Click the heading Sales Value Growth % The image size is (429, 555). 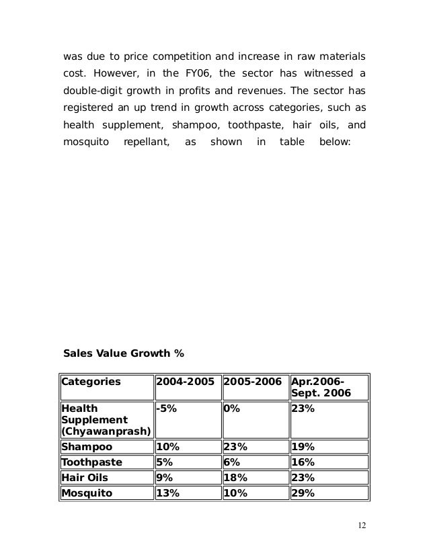pos(123,352)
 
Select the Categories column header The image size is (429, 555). pos(91,382)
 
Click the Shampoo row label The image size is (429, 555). pos(87,447)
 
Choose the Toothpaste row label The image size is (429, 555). pos(93,462)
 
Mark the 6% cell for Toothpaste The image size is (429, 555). pos(230,462)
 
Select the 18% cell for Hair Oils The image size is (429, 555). pos(233,478)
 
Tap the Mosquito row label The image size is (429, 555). pos(89,493)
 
